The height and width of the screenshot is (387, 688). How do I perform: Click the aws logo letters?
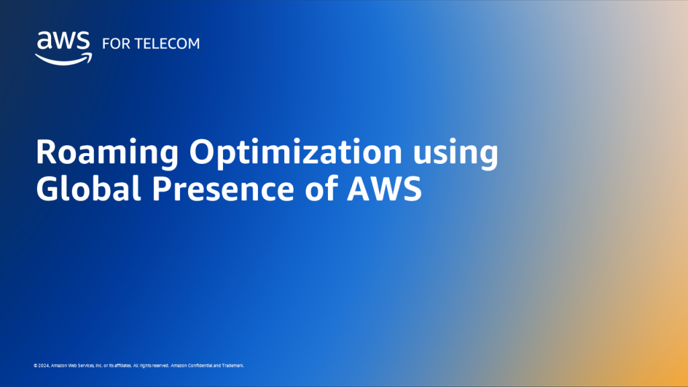click(x=63, y=42)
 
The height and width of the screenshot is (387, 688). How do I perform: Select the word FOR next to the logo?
click(x=112, y=44)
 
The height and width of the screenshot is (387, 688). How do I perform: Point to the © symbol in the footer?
click(x=35, y=365)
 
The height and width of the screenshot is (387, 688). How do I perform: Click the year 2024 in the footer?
click(x=42, y=365)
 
